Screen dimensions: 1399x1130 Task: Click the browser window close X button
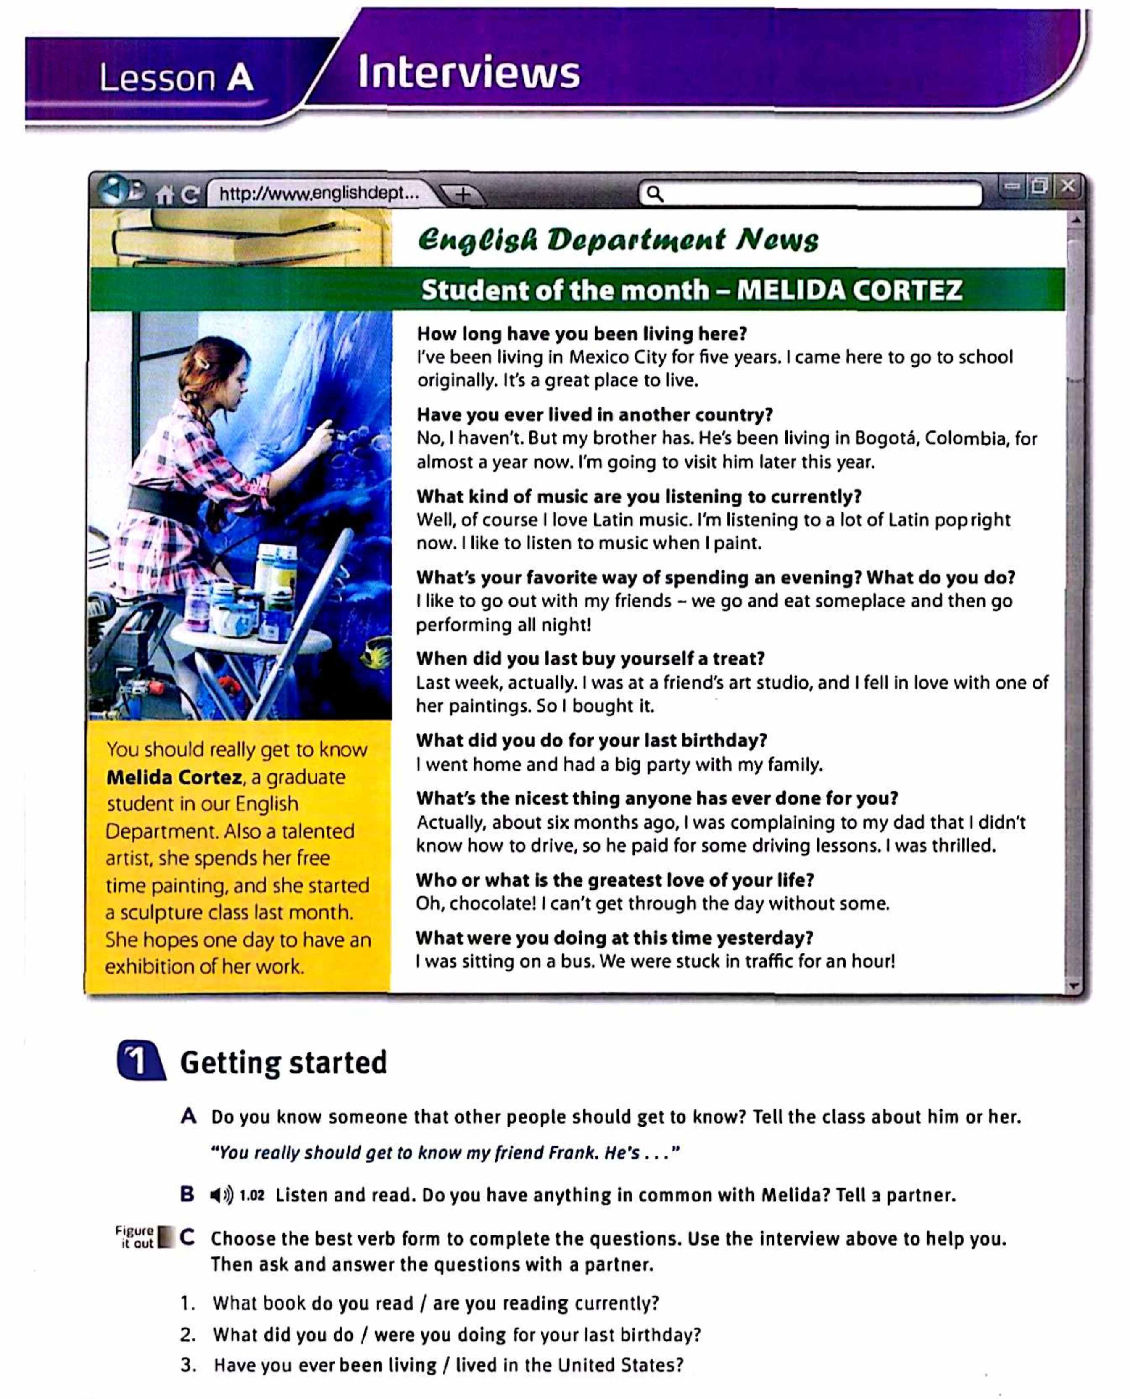(x=1067, y=186)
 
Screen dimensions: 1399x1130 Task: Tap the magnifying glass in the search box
(x=655, y=194)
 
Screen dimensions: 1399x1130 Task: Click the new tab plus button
(x=462, y=194)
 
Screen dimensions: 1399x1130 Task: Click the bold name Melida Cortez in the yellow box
(x=174, y=777)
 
